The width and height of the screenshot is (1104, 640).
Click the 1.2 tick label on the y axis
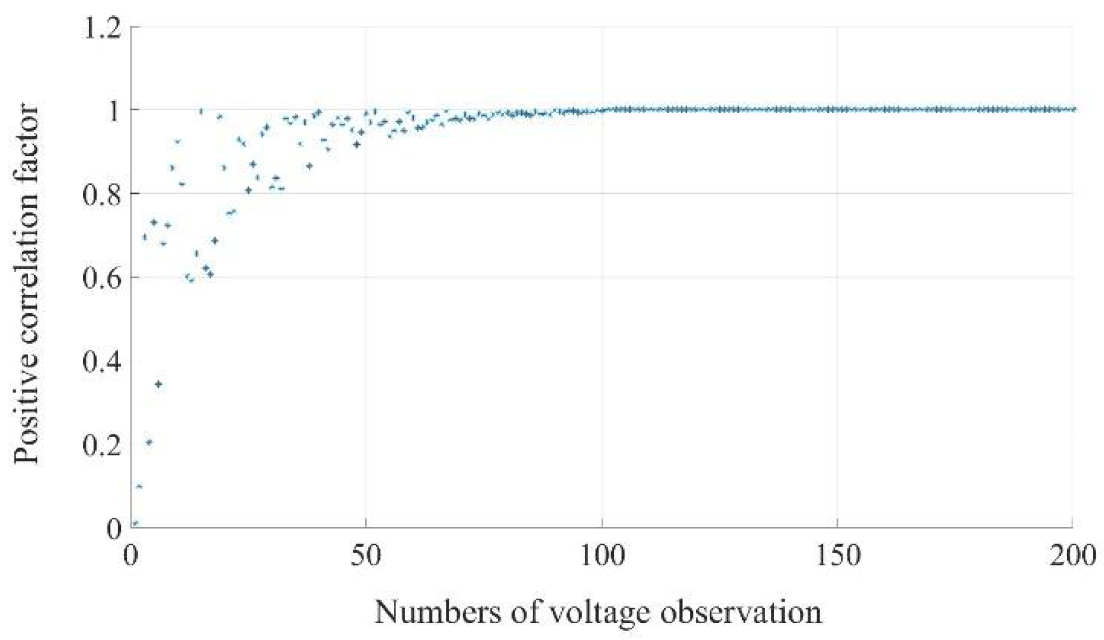tap(102, 28)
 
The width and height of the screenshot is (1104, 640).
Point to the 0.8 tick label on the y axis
tap(102, 194)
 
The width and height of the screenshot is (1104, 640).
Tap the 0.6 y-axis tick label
tap(102, 278)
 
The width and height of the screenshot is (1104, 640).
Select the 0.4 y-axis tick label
tap(102, 361)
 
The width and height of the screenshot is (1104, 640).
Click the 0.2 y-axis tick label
tap(102, 445)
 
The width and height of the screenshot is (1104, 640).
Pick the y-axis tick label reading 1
tap(114, 111)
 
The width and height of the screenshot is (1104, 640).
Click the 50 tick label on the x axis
tap(366, 556)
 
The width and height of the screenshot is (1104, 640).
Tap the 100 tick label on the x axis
tap(602, 556)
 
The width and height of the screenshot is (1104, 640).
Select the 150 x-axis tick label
tap(837, 556)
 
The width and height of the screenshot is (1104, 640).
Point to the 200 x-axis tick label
tap(1072, 556)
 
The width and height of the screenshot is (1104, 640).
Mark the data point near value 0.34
tap(159, 384)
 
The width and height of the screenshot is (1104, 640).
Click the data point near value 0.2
tap(149, 442)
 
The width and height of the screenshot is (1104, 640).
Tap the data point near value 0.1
tap(139, 486)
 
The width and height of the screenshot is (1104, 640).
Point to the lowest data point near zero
tap(135, 523)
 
